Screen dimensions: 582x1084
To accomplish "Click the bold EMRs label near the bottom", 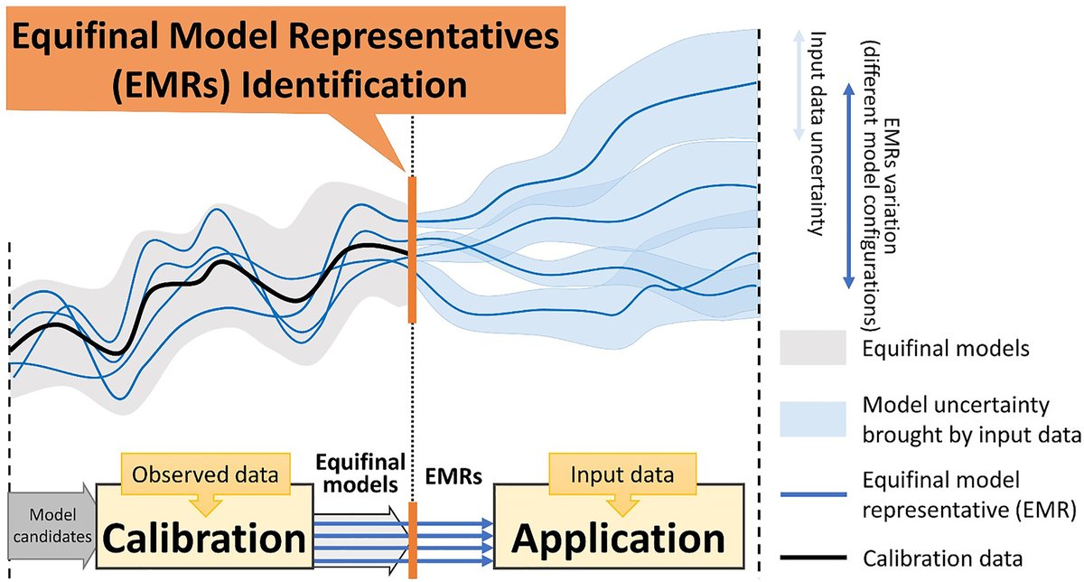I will pos(447,473).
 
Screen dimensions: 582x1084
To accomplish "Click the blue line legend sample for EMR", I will pos(812,494).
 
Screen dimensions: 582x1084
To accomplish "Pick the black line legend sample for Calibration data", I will pos(812,557).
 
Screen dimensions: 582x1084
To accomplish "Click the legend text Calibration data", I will pos(931,557).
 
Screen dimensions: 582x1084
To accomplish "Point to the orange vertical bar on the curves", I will pos(412,249).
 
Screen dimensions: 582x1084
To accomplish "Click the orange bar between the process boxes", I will pos(413,539).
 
